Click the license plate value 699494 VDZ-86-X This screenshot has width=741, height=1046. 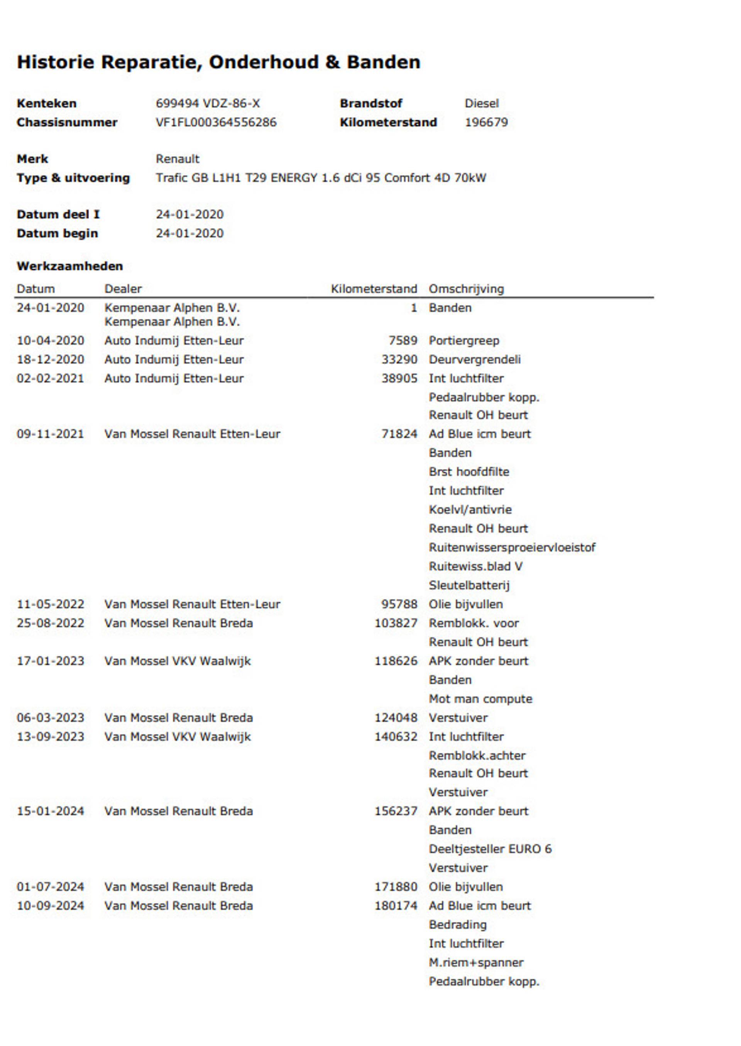click(x=208, y=103)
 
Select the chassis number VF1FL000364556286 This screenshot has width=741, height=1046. click(x=216, y=122)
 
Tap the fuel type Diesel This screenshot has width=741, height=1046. click(x=481, y=103)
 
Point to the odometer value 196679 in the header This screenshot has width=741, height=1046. click(x=486, y=122)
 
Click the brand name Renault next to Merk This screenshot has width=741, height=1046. click(x=178, y=159)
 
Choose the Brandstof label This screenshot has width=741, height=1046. click(x=370, y=103)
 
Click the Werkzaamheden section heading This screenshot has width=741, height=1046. click(x=70, y=266)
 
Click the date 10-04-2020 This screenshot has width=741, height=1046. click(x=51, y=341)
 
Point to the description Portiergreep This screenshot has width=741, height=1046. click(x=464, y=341)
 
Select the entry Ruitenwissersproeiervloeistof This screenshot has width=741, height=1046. click(x=512, y=547)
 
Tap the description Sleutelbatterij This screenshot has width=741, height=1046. click(x=469, y=585)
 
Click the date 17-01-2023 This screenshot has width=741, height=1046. click(x=51, y=661)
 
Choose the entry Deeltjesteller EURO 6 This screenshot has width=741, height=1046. click(x=490, y=849)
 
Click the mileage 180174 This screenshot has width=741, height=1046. click(x=396, y=906)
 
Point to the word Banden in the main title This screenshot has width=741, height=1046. click(x=383, y=62)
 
